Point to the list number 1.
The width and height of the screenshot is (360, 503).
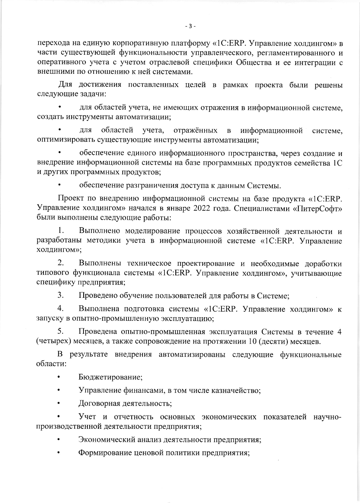coord(61,230)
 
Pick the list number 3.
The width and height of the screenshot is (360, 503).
coord(61,296)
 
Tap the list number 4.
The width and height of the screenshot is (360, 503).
coord(61,309)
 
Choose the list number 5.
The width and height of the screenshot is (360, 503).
coord(61,331)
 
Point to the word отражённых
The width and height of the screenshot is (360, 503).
coord(195,130)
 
